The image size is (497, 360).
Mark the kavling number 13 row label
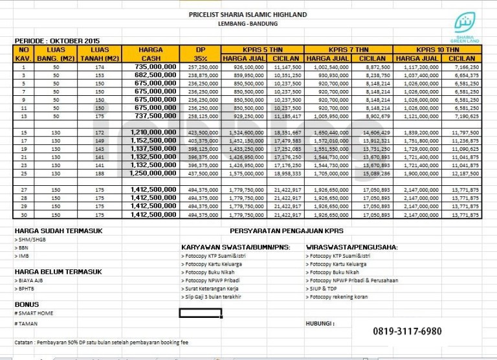coord(24,116)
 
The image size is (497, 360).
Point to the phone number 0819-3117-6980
coord(407,332)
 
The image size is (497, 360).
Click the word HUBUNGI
coord(320,322)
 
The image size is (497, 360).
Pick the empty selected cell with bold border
coord(201,313)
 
